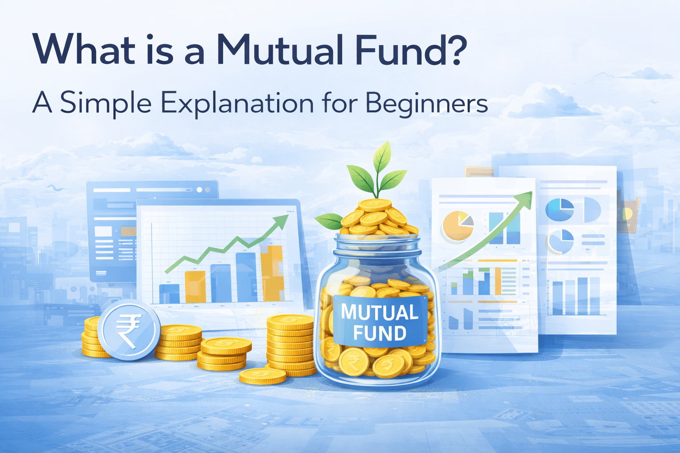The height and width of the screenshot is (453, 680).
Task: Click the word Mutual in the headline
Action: click(x=280, y=50)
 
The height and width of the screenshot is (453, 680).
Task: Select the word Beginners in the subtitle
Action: click(x=427, y=104)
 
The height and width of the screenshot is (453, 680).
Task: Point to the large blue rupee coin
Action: click(x=129, y=330)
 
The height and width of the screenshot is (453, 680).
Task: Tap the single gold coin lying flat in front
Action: click(x=263, y=376)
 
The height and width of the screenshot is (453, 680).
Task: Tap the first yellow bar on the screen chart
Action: click(x=195, y=287)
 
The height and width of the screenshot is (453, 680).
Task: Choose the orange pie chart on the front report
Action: click(x=457, y=226)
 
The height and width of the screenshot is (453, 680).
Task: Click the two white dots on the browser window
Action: click(x=203, y=189)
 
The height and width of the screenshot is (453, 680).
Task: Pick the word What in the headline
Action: click(x=84, y=50)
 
